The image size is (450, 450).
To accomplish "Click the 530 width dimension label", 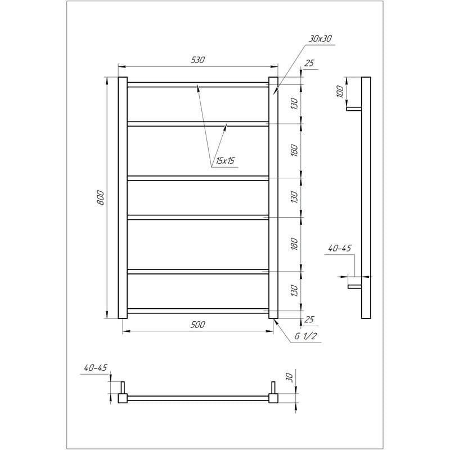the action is coord(198,60).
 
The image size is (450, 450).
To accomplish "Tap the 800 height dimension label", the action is coord(101,197).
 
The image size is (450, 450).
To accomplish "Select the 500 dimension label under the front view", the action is coord(198,325).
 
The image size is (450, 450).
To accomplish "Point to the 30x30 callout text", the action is coord(320,39).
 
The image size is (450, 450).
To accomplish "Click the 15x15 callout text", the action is coord(225,161).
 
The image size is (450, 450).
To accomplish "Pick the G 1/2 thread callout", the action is coord(305,336).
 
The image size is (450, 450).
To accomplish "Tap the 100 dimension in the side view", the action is coord(340,92).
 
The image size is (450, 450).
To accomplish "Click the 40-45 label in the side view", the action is coord(340,248).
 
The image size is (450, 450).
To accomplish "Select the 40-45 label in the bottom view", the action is coord(96,368).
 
